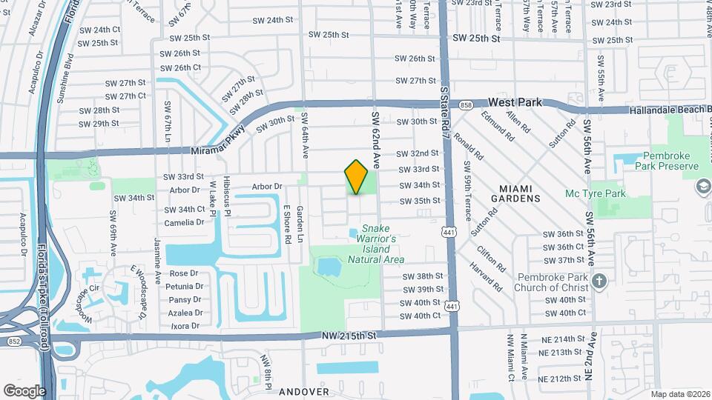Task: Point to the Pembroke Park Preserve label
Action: pos(659,162)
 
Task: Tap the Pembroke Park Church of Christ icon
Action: pos(601,281)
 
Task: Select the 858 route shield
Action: pos(465,106)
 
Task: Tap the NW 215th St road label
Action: pos(350,336)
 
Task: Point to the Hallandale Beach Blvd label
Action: pos(669,110)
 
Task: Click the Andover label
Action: pos(303,390)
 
